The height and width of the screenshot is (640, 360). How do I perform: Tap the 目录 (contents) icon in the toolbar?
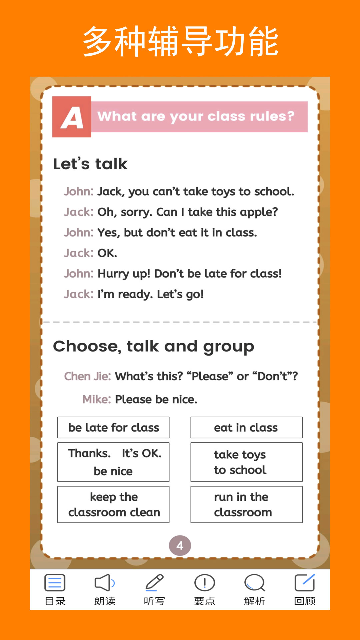tap(55, 583)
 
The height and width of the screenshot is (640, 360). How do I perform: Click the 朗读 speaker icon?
tap(105, 583)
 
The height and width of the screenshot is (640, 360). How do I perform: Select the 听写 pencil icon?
tap(154, 583)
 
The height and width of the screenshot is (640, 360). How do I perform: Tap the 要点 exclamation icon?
tap(204, 583)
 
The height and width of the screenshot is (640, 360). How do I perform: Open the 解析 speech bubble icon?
tap(254, 583)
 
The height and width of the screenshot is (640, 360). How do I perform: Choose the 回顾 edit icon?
tap(305, 583)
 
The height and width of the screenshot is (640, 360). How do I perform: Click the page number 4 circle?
tap(180, 546)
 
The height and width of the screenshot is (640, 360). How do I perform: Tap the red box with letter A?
tap(72, 117)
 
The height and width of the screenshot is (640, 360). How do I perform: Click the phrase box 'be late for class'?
tap(113, 427)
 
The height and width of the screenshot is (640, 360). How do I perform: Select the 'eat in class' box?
tap(246, 427)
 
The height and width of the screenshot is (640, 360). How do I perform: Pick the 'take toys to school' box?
tap(246, 462)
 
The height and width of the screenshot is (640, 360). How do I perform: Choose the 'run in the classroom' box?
tap(246, 504)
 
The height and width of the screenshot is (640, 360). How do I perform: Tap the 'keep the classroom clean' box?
tap(113, 504)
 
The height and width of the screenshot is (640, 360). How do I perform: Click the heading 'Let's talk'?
tap(90, 164)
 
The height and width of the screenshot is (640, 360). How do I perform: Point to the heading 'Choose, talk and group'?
tap(153, 347)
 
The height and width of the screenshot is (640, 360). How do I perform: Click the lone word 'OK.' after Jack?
tap(107, 253)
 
